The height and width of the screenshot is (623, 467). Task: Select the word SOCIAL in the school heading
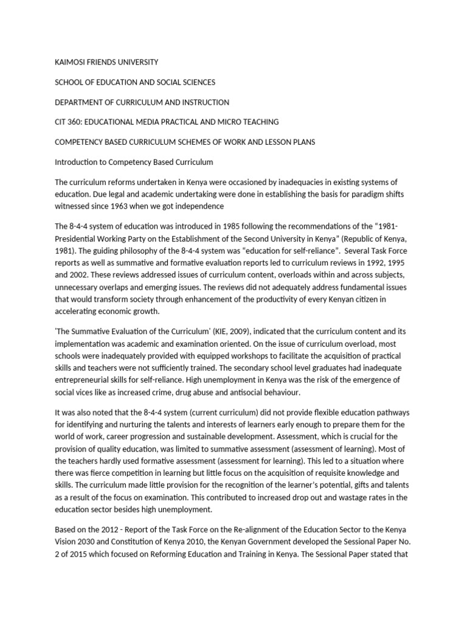167,82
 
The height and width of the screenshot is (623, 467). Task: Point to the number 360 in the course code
77,122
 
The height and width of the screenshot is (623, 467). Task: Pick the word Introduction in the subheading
79,162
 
